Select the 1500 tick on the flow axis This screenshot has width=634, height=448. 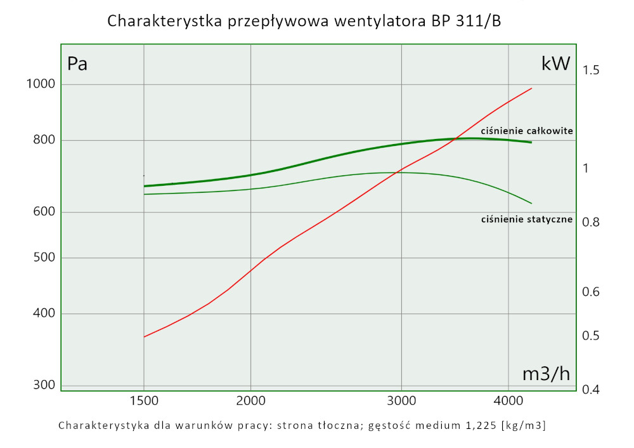tap(144, 402)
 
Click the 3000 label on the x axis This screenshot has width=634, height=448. tap(401, 402)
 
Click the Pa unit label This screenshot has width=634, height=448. tap(77, 64)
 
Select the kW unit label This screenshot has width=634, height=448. tap(555, 63)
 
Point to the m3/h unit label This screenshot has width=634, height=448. tap(546, 374)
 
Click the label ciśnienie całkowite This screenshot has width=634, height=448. tap(527, 131)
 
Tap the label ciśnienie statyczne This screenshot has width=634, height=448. tap(527, 220)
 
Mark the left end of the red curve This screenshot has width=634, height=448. tap(145, 337)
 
